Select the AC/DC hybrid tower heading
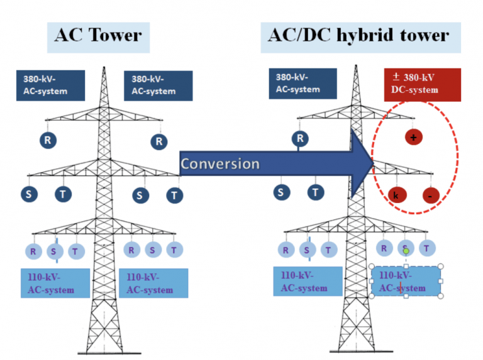360,35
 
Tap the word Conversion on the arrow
220,164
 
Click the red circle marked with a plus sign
413,137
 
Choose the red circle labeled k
396,195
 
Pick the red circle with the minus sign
431,195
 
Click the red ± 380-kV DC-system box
422,84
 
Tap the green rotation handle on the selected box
406,251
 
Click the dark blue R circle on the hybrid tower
301,138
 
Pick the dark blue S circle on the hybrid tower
280,193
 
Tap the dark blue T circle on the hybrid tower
315,193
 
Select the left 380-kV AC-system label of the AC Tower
50,85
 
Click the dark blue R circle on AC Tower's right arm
159,141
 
